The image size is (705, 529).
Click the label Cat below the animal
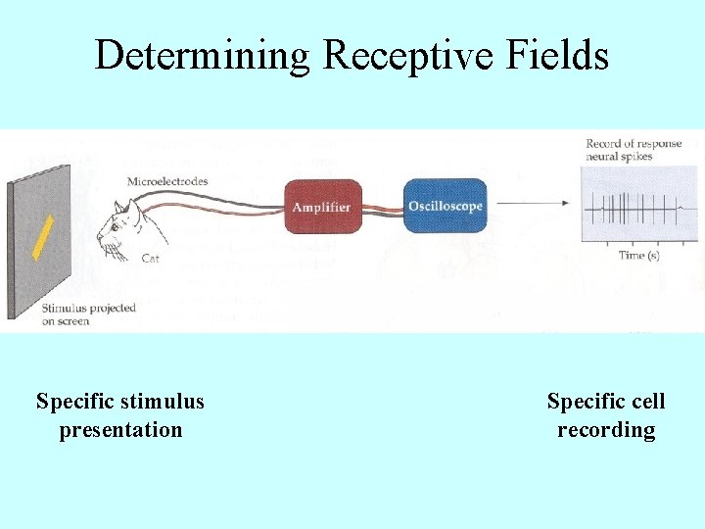pyautogui.click(x=151, y=259)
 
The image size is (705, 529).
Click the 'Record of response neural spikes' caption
pyautogui.click(x=633, y=150)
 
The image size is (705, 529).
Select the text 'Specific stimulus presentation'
pyautogui.click(x=120, y=415)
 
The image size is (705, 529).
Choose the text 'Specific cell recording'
pyautogui.click(x=606, y=415)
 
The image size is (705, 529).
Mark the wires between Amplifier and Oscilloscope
pyautogui.click(x=383, y=208)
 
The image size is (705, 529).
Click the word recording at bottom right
pyautogui.click(x=606, y=430)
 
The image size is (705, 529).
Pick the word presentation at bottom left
pyautogui.click(x=120, y=430)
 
